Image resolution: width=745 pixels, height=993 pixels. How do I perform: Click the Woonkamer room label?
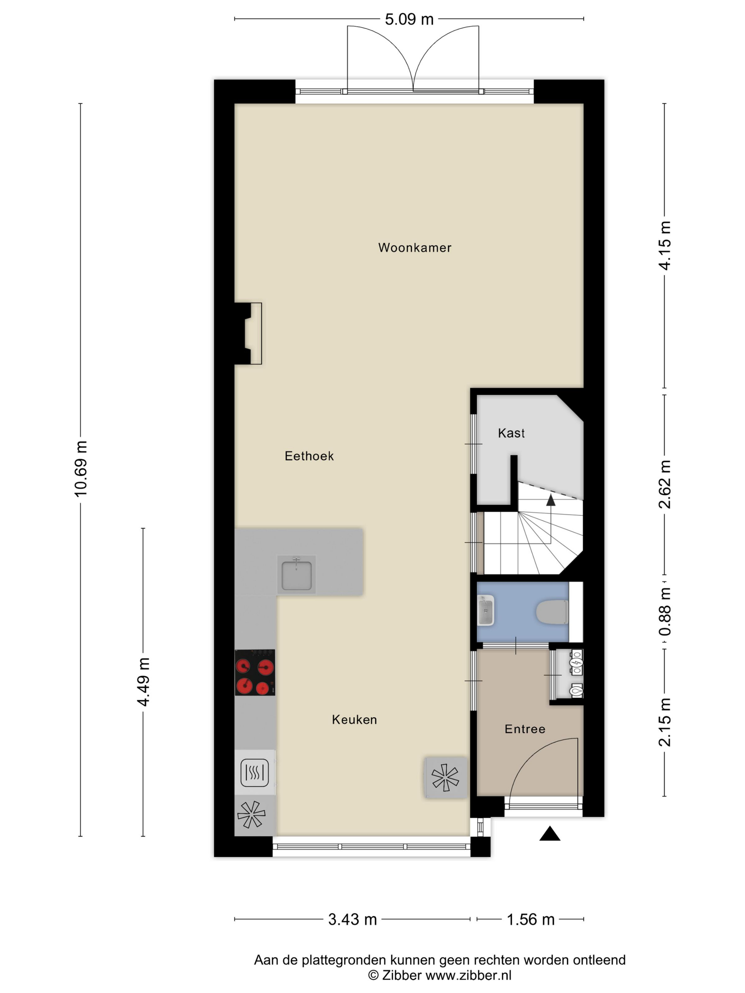point(414,247)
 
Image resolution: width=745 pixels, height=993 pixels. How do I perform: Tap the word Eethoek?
point(309,456)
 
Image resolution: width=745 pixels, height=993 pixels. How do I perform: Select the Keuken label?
point(354,720)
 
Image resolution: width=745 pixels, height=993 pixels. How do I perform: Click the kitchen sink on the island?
point(296,575)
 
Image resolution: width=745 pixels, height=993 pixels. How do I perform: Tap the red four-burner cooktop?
point(255,672)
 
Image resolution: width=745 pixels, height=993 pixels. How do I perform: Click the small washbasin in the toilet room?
point(485,611)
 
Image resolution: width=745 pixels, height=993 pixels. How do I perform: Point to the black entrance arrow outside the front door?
point(550,834)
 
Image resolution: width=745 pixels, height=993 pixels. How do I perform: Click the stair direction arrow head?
point(551,500)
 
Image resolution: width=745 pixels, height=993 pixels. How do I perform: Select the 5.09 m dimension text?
point(409,19)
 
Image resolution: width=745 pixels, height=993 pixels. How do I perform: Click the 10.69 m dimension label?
point(81,469)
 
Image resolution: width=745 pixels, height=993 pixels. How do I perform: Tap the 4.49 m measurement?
point(143,682)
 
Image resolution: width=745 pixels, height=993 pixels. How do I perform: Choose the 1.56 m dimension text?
point(531,919)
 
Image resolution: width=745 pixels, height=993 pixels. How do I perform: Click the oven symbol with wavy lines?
point(255,772)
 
